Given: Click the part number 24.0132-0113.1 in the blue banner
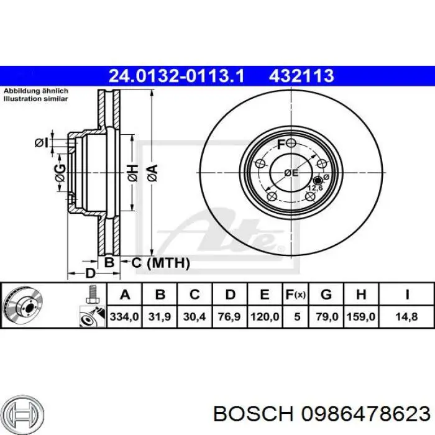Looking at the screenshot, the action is click(176, 76).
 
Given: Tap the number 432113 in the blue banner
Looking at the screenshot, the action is click(301, 76).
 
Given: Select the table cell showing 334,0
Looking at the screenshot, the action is click(124, 316).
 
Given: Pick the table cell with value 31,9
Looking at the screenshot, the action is click(160, 316).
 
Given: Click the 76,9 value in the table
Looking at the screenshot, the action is click(229, 316).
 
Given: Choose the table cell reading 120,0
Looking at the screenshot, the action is click(265, 316).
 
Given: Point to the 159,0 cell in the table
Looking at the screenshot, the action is click(361, 316).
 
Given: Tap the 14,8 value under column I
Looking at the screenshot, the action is click(406, 316).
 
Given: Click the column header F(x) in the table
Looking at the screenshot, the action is click(296, 295).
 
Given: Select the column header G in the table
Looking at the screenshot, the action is click(326, 295).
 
